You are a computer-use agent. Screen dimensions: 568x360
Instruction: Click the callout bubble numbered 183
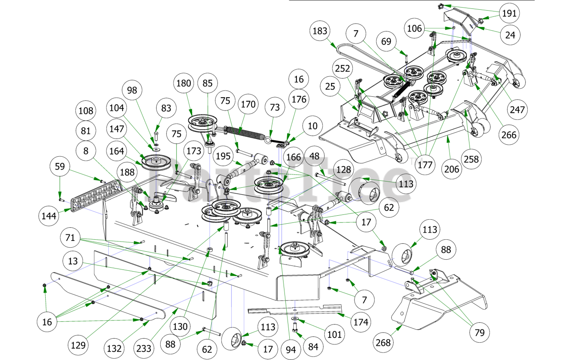(x=320, y=31)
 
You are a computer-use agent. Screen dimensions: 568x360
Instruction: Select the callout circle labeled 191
(x=509, y=13)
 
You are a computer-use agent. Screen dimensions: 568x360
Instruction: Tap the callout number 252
(x=342, y=68)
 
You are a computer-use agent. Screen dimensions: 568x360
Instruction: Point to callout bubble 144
(x=49, y=216)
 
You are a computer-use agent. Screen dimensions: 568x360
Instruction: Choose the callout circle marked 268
(x=383, y=343)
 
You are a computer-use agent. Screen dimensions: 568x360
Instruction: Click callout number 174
(x=361, y=322)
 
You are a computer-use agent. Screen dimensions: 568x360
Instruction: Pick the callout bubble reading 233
(x=143, y=348)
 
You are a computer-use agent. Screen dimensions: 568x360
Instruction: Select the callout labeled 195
(x=223, y=156)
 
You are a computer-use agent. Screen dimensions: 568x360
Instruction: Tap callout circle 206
(x=452, y=169)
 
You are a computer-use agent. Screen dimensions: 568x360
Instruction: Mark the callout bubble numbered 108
(x=86, y=111)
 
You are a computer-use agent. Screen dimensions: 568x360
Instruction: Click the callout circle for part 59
(x=60, y=166)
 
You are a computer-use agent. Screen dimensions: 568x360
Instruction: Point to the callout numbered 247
(x=517, y=110)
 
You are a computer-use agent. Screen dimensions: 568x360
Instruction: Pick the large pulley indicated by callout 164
(x=156, y=162)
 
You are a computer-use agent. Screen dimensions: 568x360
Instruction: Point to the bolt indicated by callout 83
(x=157, y=137)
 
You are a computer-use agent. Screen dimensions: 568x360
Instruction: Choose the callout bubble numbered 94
(x=291, y=350)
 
